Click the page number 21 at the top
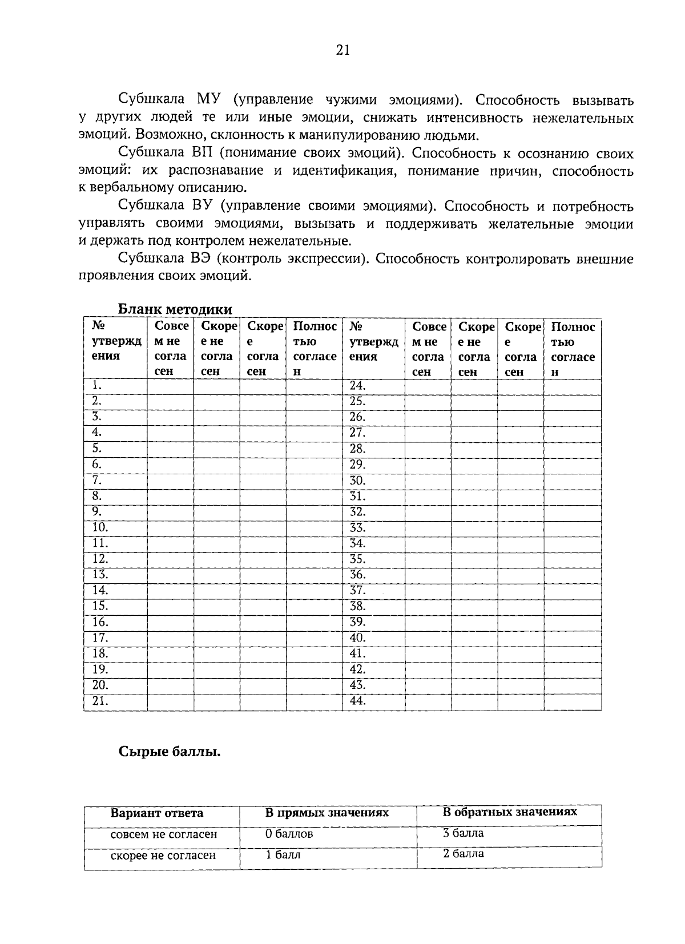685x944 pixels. (342, 50)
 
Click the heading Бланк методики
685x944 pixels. (175, 309)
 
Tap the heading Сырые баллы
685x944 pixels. (170, 752)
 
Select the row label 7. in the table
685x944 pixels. (96, 479)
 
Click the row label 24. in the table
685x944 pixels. (357, 385)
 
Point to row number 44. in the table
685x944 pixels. (357, 701)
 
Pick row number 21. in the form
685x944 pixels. (100, 701)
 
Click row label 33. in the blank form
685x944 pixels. (357, 527)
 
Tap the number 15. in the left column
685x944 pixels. (100, 606)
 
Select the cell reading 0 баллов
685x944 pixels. (289, 834)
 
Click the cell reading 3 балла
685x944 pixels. (463, 833)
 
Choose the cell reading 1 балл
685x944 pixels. (283, 855)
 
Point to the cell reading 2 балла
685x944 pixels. (463, 854)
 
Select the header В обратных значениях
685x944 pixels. (510, 812)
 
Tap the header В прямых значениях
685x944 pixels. (327, 812)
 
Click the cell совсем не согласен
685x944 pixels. (164, 834)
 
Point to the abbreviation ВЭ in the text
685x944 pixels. (202, 259)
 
